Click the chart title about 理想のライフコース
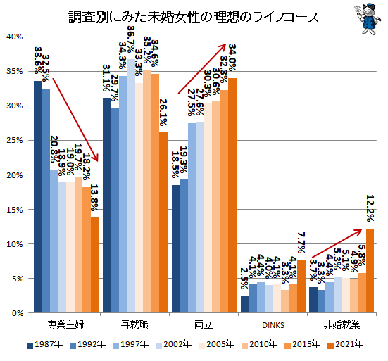coord(182,15)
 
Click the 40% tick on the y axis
coord(15,37)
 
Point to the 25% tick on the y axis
coord(15,140)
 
